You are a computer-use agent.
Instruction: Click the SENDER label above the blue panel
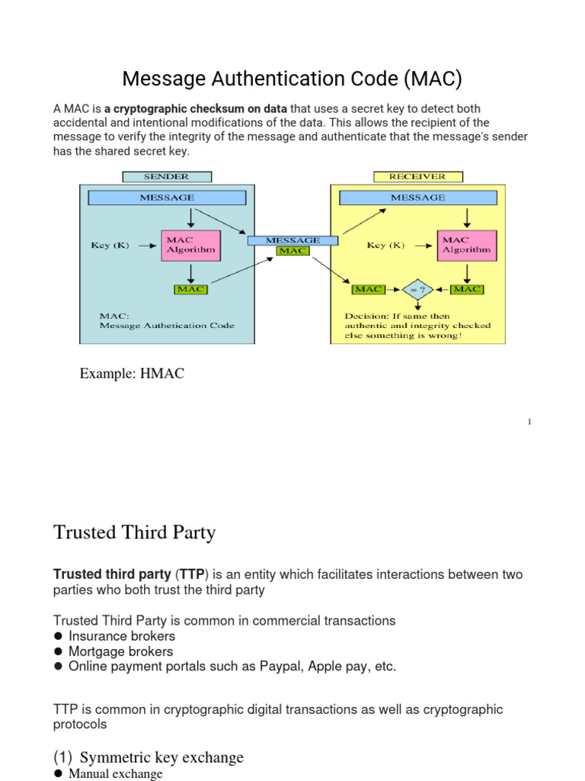165,176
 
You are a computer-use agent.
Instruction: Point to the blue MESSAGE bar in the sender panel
167,198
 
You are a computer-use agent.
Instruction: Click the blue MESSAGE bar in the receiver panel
417,198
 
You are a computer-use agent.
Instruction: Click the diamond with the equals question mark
418,290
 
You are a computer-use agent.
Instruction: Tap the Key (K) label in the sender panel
110,245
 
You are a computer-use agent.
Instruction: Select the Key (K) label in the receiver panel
387,245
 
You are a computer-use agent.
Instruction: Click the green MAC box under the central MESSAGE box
292,250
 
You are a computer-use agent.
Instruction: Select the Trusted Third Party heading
135,532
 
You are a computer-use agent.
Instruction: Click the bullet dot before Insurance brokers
58,636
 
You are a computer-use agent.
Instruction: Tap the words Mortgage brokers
121,651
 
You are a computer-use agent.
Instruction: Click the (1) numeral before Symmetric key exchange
62,757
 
